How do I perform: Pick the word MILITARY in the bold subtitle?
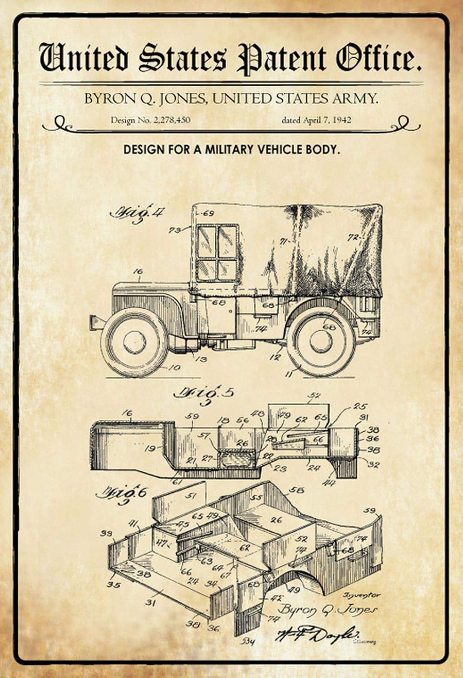(231, 150)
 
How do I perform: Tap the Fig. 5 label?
(204, 392)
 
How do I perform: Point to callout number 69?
(208, 213)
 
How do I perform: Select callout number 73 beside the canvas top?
(174, 230)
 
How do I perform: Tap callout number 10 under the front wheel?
(174, 367)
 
